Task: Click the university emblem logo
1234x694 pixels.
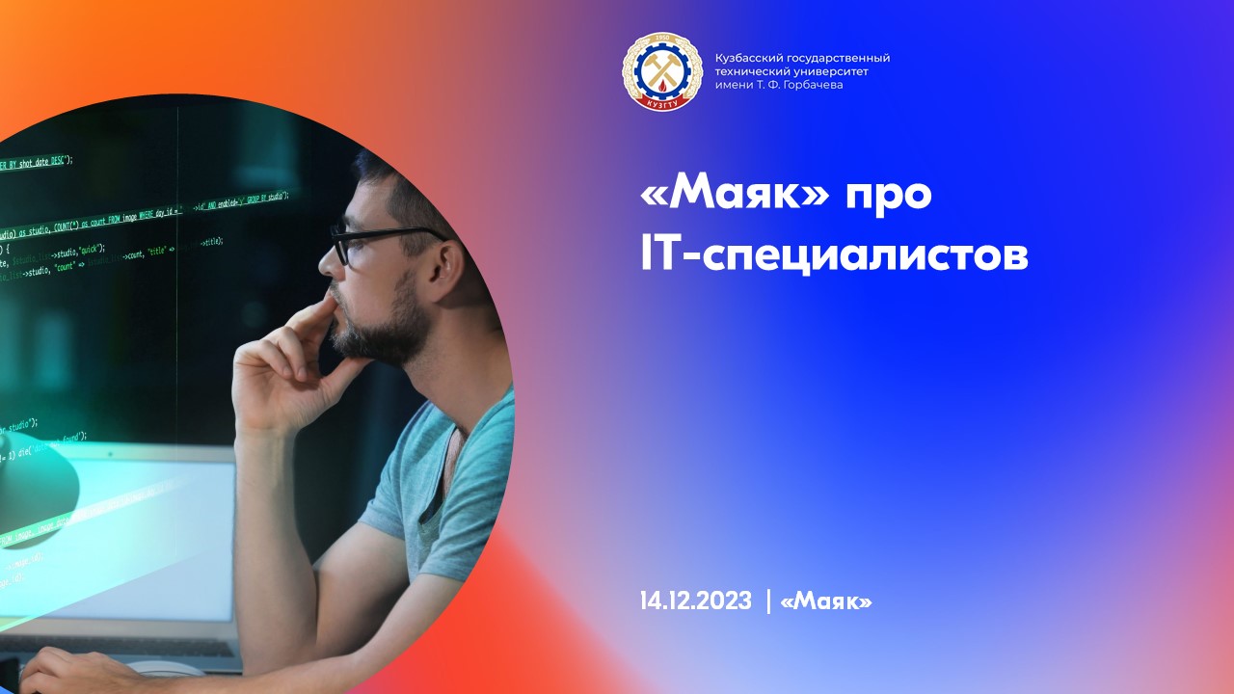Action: (662, 71)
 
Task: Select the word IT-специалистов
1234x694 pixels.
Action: (834, 254)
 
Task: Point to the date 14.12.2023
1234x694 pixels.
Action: (695, 601)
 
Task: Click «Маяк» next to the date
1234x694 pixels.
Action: (826, 601)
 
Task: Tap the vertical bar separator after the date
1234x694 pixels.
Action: (768, 601)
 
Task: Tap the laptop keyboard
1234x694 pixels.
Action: (125, 646)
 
